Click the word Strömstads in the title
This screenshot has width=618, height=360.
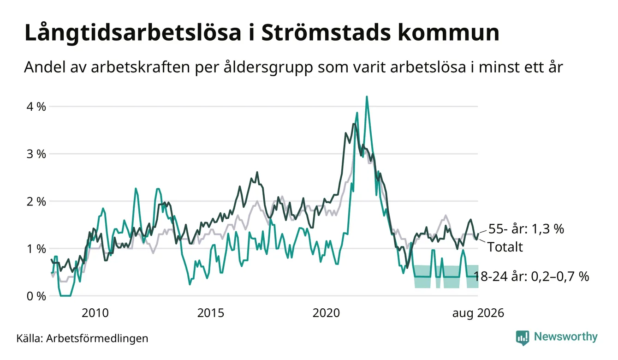click(326, 33)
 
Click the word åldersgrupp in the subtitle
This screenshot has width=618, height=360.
click(268, 68)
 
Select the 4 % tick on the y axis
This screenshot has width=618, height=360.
click(36, 107)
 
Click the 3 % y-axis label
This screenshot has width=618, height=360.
click(36, 154)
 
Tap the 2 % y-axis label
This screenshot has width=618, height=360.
click(36, 202)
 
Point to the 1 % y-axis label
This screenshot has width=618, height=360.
click(36, 249)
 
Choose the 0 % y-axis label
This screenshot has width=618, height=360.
click(36, 296)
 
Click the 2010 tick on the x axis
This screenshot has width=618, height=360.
click(95, 313)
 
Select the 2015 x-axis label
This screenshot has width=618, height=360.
click(210, 313)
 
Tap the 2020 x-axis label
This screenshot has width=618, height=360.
click(326, 313)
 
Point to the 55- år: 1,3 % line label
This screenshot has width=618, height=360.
click(526, 229)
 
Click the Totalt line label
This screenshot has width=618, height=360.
click(505, 247)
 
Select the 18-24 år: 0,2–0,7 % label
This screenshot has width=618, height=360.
click(531, 276)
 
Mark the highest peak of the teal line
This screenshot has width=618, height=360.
click(367, 96)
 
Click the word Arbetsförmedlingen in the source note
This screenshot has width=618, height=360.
click(97, 338)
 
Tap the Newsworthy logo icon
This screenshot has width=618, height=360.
click(523, 338)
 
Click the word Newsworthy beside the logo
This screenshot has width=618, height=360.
click(565, 337)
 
